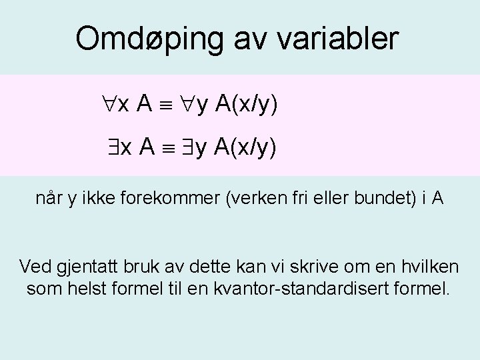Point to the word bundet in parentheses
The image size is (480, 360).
(x=371, y=199)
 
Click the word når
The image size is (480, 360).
(x=48, y=199)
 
